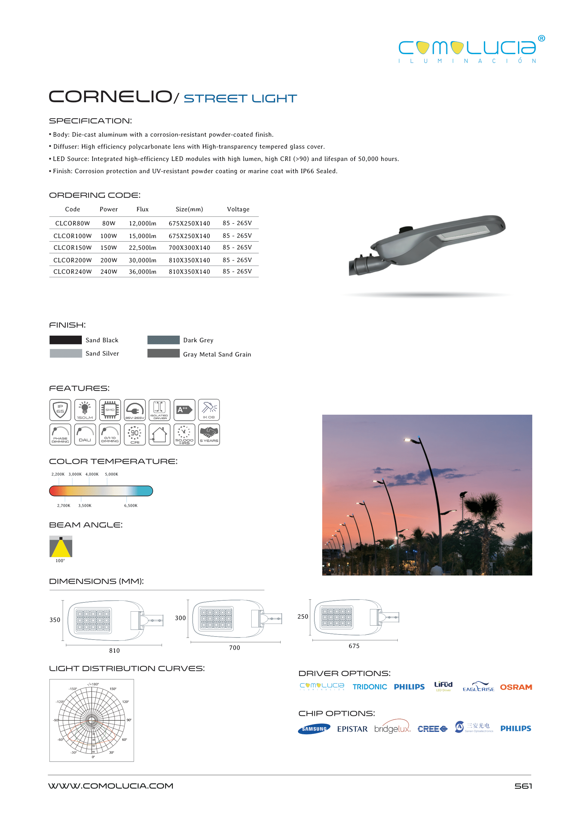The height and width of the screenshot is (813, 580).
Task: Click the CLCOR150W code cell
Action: point(73,248)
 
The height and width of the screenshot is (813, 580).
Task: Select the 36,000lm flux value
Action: point(143,272)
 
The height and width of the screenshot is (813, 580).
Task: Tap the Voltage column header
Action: point(238,210)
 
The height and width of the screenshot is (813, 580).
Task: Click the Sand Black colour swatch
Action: point(66,340)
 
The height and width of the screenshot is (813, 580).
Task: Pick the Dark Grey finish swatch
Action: point(163,340)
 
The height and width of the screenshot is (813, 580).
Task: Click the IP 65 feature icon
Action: point(60,410)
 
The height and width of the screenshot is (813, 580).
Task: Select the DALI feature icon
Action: point(85,434)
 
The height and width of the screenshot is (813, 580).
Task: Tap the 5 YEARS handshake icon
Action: point(209,434)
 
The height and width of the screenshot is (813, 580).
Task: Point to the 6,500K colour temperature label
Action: point(131,505)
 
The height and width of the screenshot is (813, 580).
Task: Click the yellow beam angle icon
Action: point(61,547)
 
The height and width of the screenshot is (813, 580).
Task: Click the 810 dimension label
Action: point(114,650)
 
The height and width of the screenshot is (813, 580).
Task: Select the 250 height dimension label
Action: point(302,617)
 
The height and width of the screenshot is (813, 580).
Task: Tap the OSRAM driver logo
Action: point(516,687)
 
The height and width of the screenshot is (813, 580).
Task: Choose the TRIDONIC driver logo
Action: point(370,687)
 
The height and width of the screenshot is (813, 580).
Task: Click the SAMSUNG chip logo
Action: point(314,729)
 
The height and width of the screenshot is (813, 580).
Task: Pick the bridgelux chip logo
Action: point(392,729)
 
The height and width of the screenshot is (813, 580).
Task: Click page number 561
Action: point(523,786)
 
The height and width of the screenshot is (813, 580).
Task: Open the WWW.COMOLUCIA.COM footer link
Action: point(111,786)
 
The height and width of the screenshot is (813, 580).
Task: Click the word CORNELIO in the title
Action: point(110,97)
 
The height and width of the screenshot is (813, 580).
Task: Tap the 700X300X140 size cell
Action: point(189,248)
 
